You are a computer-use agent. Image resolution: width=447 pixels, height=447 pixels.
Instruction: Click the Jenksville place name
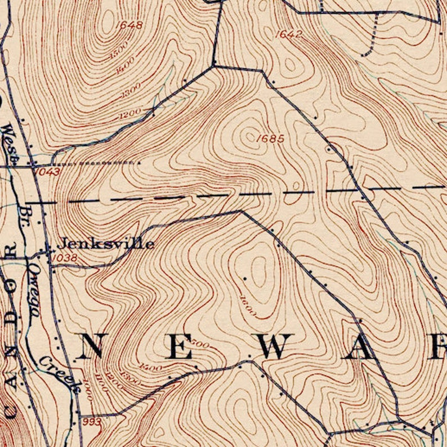point(106,244)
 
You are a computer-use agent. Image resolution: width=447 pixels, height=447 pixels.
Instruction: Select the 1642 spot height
point(289,35)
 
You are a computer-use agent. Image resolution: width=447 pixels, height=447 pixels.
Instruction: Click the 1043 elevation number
point(47,171)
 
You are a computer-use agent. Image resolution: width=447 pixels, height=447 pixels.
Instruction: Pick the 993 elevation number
point(91,422)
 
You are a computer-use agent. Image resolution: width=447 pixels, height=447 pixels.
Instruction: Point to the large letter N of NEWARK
point(88,346)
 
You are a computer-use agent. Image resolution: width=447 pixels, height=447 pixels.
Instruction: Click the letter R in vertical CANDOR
point(11,248)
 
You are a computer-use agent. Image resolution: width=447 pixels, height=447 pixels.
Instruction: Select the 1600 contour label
point(248,305)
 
